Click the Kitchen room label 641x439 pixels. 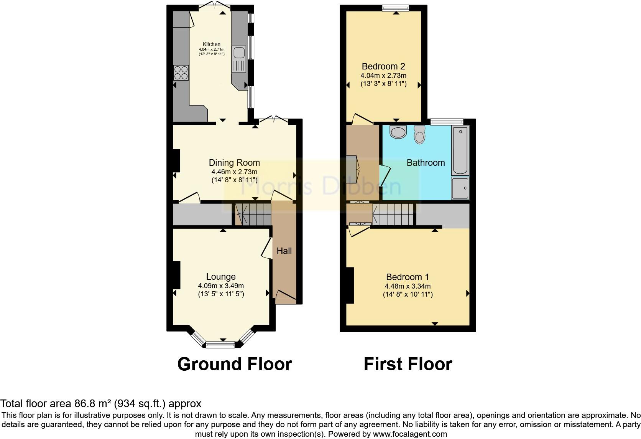pyautogui.click(x=212, y=44)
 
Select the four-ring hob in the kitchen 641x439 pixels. pyautogui.click(x=181, y=73)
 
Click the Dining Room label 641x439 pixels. pyautogui.click(x=234, y=163)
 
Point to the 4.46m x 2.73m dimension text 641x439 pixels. pyautogui.click(x=234, y=172)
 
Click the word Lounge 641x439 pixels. pyautogui.click(x=221, y=277)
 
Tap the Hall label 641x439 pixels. pyautogui.click(x=284, y=251)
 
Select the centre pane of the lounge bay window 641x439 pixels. pyautogui.click(x=220, y=344)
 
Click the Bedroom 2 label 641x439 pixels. pyautogui.click(x=383, y=66)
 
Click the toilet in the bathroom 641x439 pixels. pyautogui.click(x=420, y=135)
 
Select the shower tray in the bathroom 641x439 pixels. pyautogui.click(x=460, y=188)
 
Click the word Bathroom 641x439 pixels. pyautogui.click(x=426, y=163)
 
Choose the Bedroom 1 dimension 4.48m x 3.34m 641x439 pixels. pyautogui.click(x=408, y=286)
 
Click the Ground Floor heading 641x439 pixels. pyautogui.click(x=234, y=364)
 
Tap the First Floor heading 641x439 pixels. pyautogui.click(x=408, y=364)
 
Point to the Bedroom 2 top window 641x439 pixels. pyautogui.click(x=396, y=7)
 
